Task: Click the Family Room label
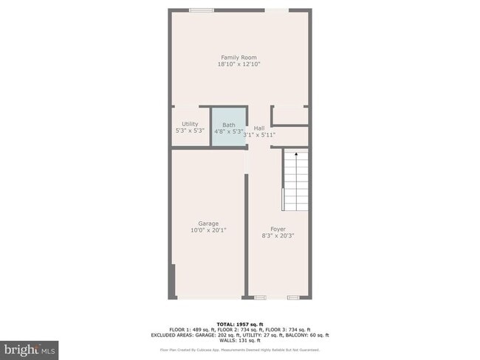point(239,58)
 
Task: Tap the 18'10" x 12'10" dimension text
point(239,64)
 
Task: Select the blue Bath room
point(227,128)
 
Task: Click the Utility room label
point(190,124)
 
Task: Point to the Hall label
point(259,128)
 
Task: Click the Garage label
point(208,224)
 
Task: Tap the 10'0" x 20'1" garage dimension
point(208,230)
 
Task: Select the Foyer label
point(278,229)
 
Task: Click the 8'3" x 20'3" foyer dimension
point(278,236)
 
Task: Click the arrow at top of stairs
point(295,155)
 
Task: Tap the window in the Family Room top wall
point(201,10)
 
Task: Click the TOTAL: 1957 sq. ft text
point(239,324)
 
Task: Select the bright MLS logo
point(30,347)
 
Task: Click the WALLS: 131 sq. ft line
point(239,339)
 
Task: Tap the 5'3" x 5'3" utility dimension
point(190,131)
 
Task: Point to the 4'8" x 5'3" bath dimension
point(228,131)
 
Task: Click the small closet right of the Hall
point(289,116)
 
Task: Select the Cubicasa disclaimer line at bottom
point(239,349)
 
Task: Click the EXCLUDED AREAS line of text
point(239,334)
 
